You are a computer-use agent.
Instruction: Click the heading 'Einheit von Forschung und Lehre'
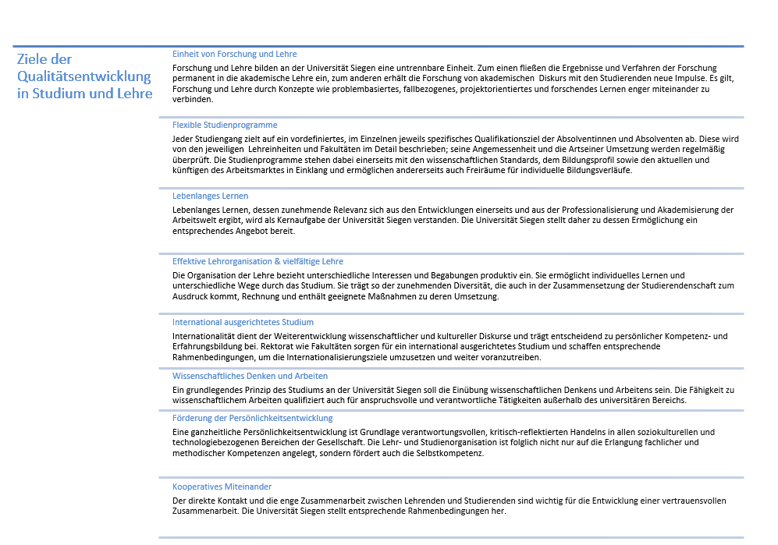(x=234, y=54)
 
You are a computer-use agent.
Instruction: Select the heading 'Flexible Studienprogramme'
(x=225, y=125)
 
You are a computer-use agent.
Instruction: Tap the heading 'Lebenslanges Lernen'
(x=211, y=196)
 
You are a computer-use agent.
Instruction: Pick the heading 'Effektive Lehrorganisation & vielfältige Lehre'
(x=258, y=261)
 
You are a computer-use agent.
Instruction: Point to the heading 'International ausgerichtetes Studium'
(x=243, y=322)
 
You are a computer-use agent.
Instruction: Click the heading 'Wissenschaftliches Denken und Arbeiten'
(x=250, y=376)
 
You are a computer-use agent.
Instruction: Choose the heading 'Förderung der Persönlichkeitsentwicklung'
(x=252, y=418)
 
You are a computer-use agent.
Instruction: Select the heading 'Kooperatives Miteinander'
(x=222, y=487)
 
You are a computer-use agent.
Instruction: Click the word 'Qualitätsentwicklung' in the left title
(x=83, y=76)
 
